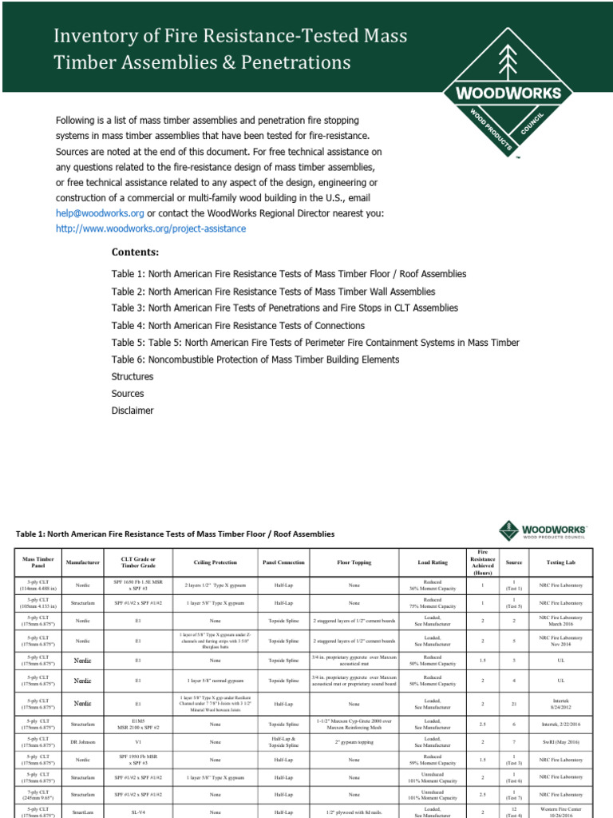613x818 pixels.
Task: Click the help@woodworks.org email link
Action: click(100, 213)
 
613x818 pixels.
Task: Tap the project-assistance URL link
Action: click(151, 228)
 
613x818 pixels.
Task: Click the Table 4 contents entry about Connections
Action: click(238, 326)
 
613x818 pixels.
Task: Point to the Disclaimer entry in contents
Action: click(132, 411)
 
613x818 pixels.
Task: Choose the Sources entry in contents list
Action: click(128, 394)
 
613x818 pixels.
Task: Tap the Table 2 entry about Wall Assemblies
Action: click(273, 292)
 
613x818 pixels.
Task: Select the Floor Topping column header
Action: click(354, 562)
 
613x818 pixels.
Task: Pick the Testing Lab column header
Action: click(560, 562)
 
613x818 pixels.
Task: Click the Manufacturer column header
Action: click(83, 562)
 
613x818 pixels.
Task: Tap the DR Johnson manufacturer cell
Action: click(83, 742)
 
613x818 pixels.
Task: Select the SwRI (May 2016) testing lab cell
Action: click(560, 742)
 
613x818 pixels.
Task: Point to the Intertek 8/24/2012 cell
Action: click(560, 704)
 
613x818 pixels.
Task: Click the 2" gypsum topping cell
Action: click(354, 742)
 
